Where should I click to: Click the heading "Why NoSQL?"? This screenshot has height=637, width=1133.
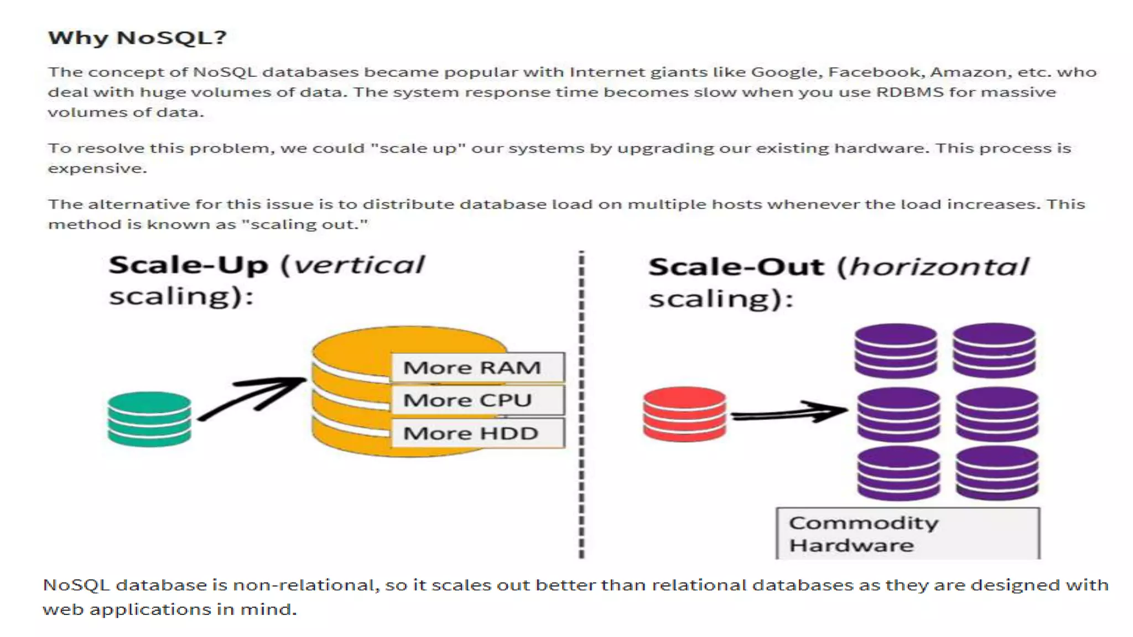coord(137,38)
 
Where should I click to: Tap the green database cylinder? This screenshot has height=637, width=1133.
coord(149,419)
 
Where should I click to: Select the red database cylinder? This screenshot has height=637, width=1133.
coord(684,414)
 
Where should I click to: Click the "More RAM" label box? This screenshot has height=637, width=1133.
coord(477,368)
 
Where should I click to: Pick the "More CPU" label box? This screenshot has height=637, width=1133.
coord(477,400)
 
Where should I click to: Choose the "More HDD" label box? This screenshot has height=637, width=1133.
coord(477,433)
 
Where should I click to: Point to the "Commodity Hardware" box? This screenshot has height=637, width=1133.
coord(907,534)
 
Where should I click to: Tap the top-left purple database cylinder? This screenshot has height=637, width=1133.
coord(896,351)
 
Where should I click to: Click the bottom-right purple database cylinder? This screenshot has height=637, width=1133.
coord(997,473)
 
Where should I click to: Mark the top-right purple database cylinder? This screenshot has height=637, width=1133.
coord(994,351)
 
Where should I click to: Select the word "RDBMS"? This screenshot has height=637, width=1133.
coord(909,92)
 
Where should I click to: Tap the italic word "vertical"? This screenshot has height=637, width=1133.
coord(359,265)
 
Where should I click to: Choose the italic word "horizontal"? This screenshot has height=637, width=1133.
coord(939,267)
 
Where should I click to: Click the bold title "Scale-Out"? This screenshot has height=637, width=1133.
coord(736,267)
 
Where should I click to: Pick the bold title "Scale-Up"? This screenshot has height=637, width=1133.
coord(188,265)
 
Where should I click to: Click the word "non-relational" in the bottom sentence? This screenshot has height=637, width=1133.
coord(305,585)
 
